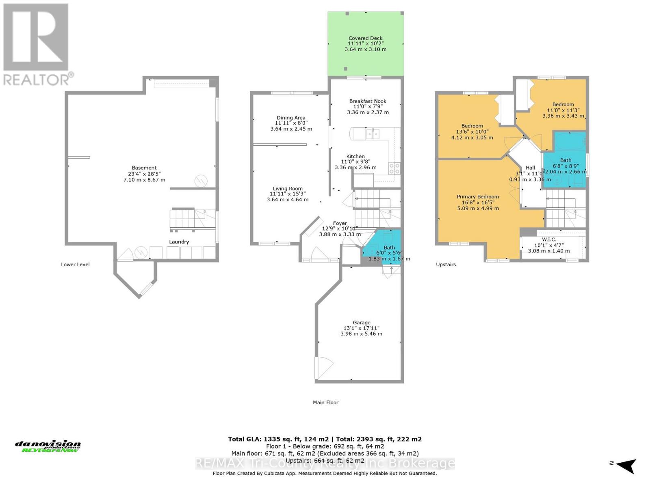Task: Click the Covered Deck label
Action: (x=365, y=38)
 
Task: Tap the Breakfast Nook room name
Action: (x=368, y=101)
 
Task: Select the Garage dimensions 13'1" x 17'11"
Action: (x=361, y=328)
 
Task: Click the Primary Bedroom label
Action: (x=478, y=196)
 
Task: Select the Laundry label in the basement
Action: (x=179, y=241)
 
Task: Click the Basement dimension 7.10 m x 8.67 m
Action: (x=144, y=179)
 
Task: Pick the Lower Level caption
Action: (x=75, y=264)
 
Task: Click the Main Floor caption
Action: (x=325, y=402)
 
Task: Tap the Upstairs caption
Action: (x=446, y=264)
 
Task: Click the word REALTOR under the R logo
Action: (x=37, y=79)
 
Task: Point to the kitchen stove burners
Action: (x=394, y=168)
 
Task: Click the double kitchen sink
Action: (x=373, y=133)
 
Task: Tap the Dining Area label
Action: (x=291, y=118)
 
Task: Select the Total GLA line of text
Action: (x=325, y=439)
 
